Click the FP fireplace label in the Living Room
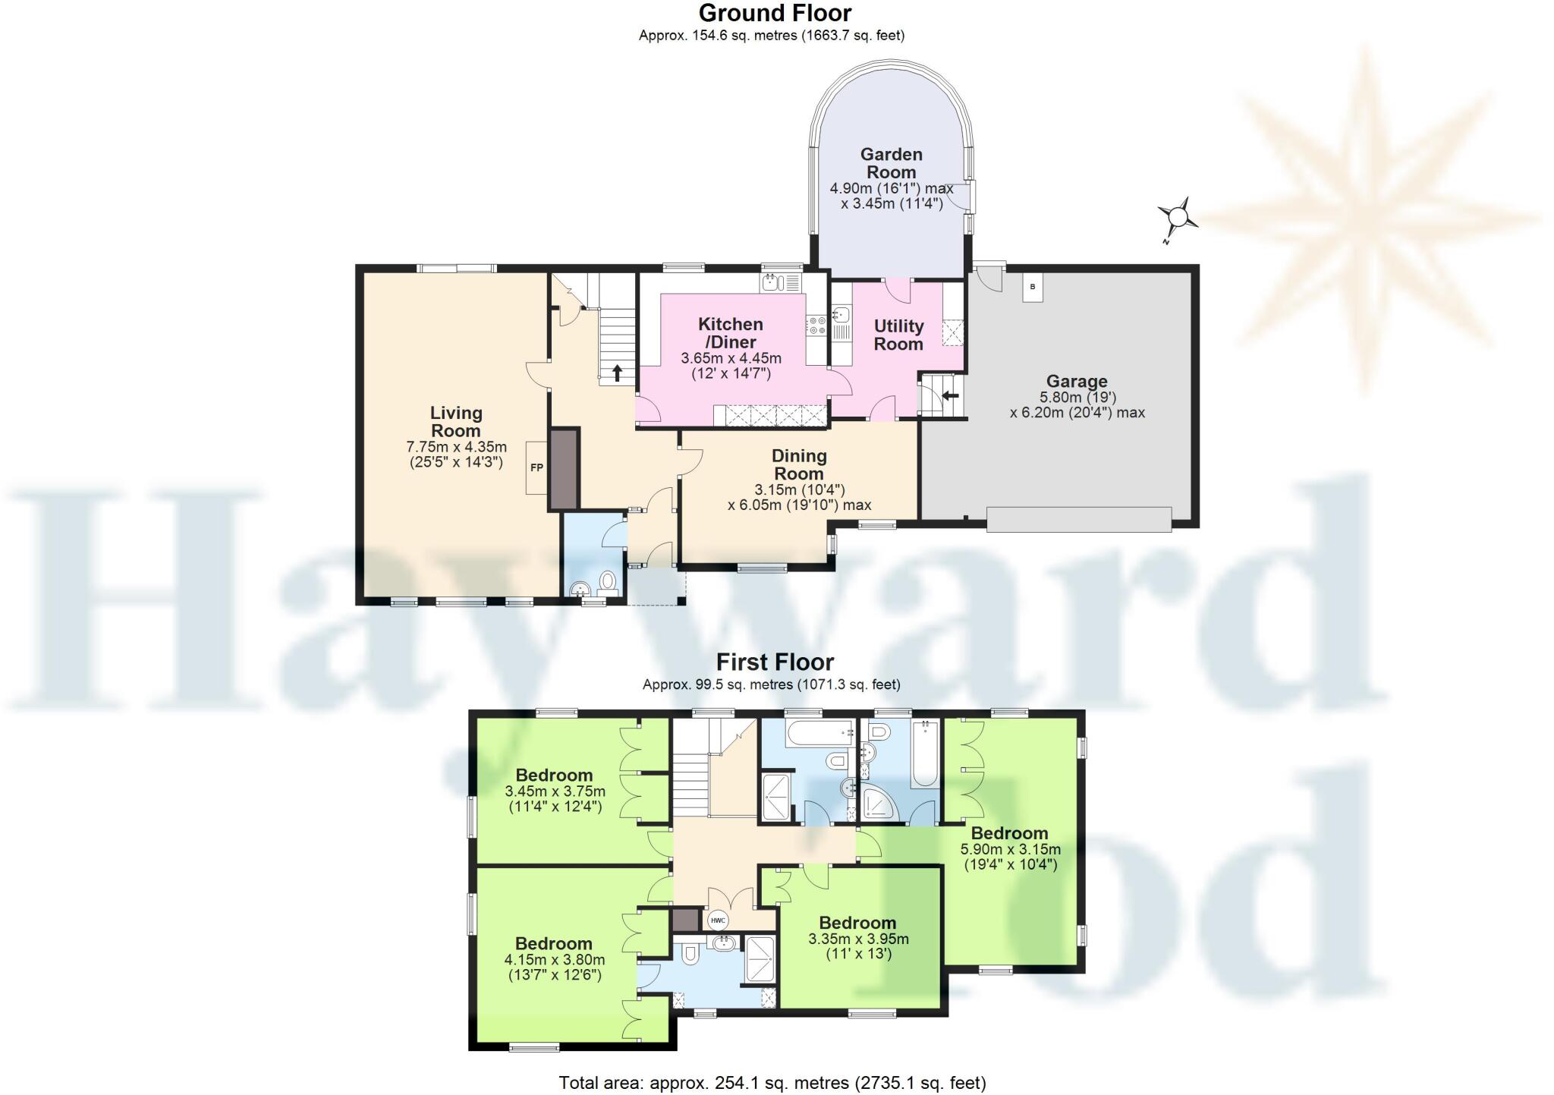pos(536,467)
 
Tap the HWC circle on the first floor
pos(717,920)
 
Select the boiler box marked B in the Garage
pos(1032,288)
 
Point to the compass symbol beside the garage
pos(1178,219)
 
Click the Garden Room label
pos(892,163)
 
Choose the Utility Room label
pos(898,335)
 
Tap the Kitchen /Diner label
pos(730,332)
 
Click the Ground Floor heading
pos(775,13)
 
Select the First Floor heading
pos(775,662)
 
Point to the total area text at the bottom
pos(772,1082)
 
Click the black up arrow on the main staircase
pos(618,373)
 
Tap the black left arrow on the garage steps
pos(950,395)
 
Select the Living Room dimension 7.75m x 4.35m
pos(456,447)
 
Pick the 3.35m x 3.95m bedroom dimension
pos(858,939)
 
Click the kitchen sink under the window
pos(771,283)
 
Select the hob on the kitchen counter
pos(817,326)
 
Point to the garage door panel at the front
pos(1078,520)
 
